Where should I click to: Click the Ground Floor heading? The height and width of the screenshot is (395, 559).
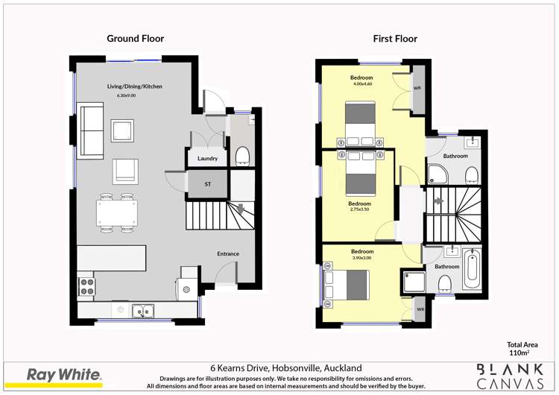pos(135,39)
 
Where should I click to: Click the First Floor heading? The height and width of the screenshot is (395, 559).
pos(395,39)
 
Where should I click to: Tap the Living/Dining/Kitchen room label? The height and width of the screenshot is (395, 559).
pos(134,86)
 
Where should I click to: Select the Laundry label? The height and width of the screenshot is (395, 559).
pos(207,158)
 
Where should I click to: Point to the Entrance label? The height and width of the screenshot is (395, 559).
pos(228,253)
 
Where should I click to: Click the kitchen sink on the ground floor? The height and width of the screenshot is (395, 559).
pos(143,310)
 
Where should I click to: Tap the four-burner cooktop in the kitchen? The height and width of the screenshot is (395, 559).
pos(86,285)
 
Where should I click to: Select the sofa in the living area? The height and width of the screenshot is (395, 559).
pos(91,132)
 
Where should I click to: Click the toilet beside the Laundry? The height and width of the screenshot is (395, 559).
pos(242,155)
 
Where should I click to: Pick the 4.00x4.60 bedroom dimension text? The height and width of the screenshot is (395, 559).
pos(361,84)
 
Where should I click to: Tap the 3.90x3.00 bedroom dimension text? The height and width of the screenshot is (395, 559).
pos(362,258)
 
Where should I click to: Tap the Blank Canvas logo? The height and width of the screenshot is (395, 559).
pos(510,374)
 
